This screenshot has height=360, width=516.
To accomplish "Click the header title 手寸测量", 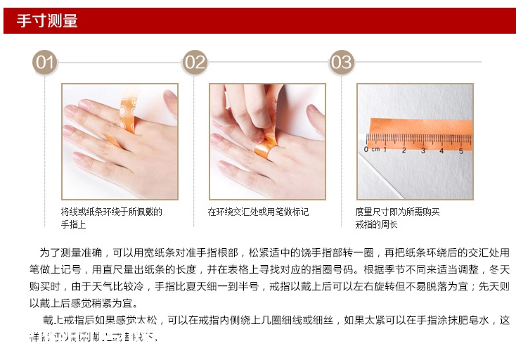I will click(x=47, y=21).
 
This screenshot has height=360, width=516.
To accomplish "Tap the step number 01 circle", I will click(x=46, y=63).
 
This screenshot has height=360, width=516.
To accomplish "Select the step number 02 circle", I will click(x=195, y=63).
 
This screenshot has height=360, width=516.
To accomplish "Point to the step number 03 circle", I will click(x=342, y=63).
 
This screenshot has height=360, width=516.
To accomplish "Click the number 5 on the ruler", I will click(x=460, y=149).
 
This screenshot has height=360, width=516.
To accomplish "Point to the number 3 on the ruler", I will click(x=423, y=149).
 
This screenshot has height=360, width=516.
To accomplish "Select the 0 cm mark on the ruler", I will click(x=371, y=149).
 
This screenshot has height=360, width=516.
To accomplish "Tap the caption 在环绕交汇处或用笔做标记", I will click(x=258, y=212).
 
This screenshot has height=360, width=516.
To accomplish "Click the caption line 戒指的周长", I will click(x=376, y=224).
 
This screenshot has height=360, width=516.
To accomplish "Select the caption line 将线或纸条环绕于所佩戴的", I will click(x=111, y=212).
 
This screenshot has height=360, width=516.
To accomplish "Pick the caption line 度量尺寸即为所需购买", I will click(x=397, y=212).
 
